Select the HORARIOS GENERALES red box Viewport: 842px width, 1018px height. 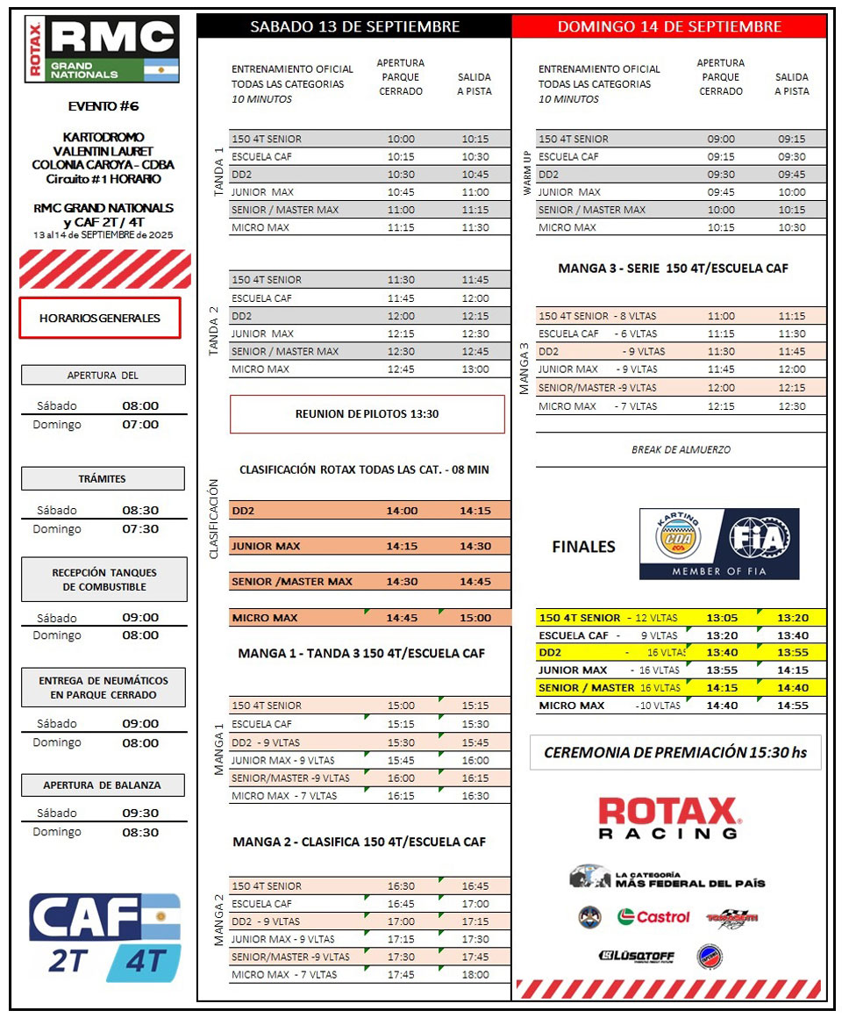100,318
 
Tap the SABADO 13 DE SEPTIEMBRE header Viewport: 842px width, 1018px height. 354,26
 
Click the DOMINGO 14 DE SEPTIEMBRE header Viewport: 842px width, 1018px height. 669,26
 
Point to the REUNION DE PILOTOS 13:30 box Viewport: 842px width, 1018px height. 367,414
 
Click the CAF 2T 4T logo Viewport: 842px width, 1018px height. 104,936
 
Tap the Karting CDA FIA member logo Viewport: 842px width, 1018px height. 719,544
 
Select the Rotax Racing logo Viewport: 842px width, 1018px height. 669,817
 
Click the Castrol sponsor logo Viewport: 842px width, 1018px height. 653,917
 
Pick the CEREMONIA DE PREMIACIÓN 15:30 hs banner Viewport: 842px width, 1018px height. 675,752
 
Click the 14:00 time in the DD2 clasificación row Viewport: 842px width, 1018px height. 402,511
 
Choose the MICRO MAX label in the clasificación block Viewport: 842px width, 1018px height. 264,618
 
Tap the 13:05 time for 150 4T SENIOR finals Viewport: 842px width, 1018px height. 721,618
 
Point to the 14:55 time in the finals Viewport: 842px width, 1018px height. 793,706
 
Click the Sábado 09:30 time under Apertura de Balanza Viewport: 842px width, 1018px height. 140,814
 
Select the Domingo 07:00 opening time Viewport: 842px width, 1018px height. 140,425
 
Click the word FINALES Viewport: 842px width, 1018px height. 583,547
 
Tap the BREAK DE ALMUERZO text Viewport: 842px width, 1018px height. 681,449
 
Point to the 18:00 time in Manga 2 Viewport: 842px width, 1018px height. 475,974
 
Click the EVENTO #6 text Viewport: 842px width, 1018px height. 103,106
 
